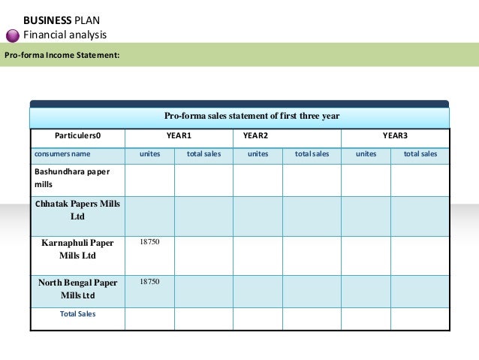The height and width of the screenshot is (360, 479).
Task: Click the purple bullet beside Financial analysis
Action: tap(14, 35)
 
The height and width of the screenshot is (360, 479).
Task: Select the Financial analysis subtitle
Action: tap(65, 35)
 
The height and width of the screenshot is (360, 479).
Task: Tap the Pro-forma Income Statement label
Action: tap(62, 55)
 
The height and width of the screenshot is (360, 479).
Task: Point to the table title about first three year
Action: tap(252, 116)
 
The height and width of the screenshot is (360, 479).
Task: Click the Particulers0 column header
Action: tap(77, 136)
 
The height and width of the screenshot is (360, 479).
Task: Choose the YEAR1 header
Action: tap(179, 136)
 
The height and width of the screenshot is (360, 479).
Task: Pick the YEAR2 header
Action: tap(255, 136)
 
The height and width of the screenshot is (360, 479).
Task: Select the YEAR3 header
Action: tap(395, 136)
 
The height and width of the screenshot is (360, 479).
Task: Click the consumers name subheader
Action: tap(62, 154)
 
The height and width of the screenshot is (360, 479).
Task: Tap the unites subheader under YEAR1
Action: tap(149, 154)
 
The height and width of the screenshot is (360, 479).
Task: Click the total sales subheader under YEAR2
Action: tap(312, 154)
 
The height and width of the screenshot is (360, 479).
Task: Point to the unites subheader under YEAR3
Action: tap(366, 154)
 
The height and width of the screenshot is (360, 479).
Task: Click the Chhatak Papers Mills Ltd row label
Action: tap(77, 210)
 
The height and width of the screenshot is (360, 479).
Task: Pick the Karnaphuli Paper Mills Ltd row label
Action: tap(77, 249)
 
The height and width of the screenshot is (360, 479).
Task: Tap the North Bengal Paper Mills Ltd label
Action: tap(77, 289)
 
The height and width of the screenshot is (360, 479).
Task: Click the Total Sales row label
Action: tap(77, 313)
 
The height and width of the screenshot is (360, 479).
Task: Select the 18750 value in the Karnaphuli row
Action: tap(149, 242)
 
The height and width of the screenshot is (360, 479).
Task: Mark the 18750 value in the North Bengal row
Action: tap(149, 281)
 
